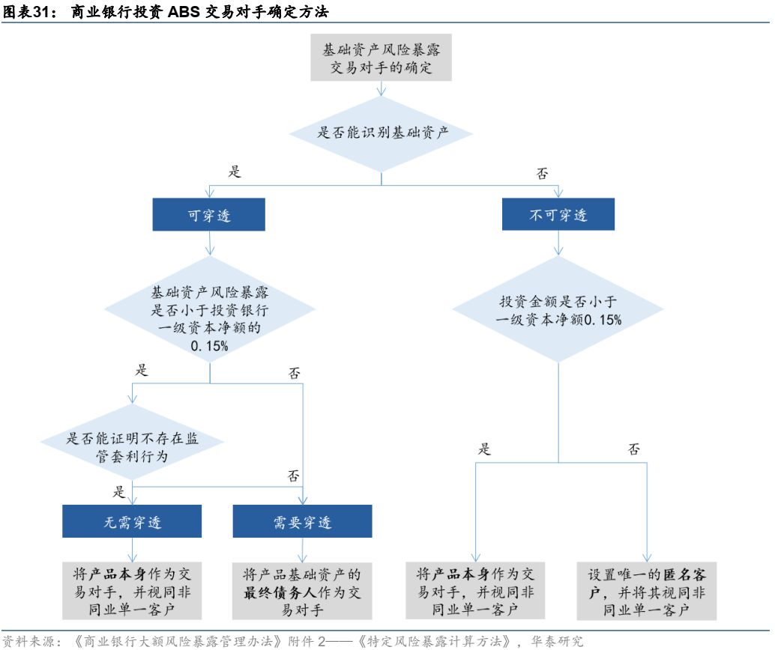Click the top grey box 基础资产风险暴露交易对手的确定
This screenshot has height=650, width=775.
[381, 58]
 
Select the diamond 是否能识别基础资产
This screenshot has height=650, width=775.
[381, 133]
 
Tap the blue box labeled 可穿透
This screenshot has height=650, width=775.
[208, 214]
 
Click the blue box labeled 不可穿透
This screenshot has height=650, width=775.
[558, 214]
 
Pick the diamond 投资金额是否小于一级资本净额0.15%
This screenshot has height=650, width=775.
[558, 309]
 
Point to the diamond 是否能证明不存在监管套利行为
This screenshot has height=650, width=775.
[132, 442]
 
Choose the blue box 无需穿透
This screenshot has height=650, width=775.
[132, 521]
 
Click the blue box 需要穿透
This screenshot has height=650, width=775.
[302, 521]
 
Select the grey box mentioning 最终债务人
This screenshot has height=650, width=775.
[302, 591]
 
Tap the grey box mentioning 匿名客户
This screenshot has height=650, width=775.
[647, 591]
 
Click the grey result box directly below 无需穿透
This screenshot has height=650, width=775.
[132, 591]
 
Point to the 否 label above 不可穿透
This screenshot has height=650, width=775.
[542, 174]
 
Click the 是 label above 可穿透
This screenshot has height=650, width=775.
[235, 171]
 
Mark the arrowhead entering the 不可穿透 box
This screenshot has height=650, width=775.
[558, 194]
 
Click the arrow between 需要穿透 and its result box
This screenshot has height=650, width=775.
[303, 550]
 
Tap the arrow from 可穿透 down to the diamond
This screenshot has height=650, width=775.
[210, 243]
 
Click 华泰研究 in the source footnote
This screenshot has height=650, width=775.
[557, 641]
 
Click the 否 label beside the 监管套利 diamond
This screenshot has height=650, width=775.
[294, 476]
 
